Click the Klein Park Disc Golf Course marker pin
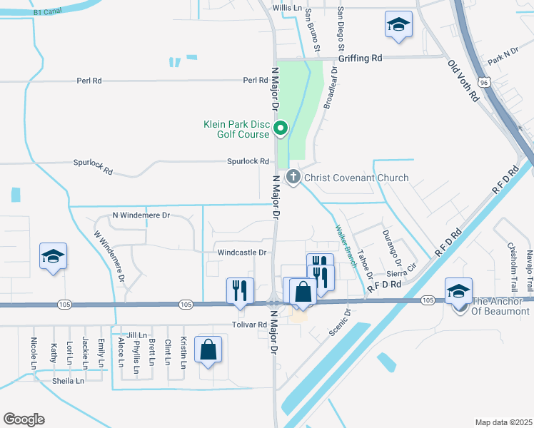click(281, 128)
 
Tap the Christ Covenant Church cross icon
click(293, 177)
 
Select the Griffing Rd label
click(361, 58)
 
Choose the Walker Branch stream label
click(346, 246)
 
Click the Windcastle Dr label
click(241, 253)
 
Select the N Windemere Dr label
click(141, 215)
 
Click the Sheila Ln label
click(69, 381)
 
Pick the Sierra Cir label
click(400, 273)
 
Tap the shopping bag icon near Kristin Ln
click(208, 350)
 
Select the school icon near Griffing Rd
click(398, 25)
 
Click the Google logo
click(24, 419)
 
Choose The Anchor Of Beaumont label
click(500, 306)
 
